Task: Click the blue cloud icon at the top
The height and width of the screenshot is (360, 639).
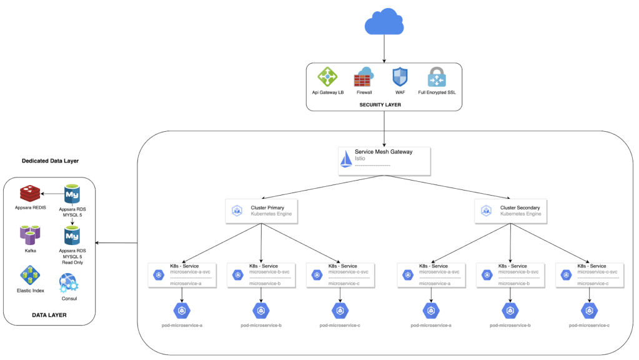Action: pos(384,23)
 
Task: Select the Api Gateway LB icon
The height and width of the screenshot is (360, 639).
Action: pos(328,77)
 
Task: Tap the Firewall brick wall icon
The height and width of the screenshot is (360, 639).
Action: pos(364,77)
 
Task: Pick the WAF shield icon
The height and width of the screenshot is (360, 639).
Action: pos(399,77)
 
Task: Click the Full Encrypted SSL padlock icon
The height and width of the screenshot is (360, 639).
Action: pos(437,77)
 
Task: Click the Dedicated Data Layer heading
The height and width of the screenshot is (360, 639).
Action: pos(50,161)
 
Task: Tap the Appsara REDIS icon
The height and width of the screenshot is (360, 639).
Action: pos(29,194)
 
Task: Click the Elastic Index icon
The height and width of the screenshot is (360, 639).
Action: pos(29,275)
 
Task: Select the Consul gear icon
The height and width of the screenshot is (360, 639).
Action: pos(69,284)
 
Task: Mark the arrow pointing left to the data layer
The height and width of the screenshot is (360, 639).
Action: pos(117,243)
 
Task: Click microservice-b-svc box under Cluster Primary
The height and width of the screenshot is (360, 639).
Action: pos(260,275)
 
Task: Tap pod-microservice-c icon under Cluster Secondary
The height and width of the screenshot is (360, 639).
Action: pos(589,310)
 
